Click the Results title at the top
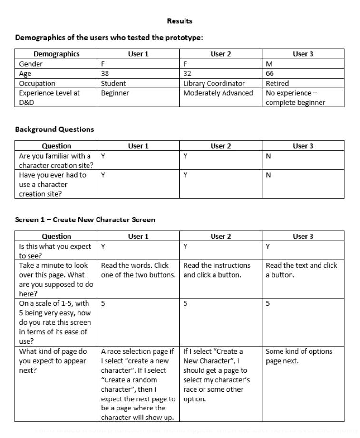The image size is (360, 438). click(x=180, y=21)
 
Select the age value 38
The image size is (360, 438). click(x=105, y=74)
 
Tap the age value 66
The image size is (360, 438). click(x=270, y=74)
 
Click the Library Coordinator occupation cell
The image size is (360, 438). click(x=214, y=83)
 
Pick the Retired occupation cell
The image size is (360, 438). click(x=277, y=83)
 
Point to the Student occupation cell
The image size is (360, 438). click(x=113, y=83)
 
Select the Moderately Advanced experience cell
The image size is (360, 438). click(x=218, y=93)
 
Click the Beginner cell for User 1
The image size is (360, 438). click(x=115, y=93)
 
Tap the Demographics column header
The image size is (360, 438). click(x=57, y=54)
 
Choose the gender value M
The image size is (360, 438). click(x=269, y=64)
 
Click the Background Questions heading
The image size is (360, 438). click(x=54, y=129)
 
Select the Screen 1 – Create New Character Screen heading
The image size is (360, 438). click(x=85, y=220)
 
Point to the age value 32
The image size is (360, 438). click(x=187, y=74)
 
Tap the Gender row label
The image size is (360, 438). click(x=31, y=64)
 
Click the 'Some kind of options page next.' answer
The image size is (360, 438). click(x=299, y=356)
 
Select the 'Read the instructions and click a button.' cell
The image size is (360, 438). click(x=216, y=270)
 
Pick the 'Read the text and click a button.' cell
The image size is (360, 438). click(x=301, y=270)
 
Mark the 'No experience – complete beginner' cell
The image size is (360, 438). click(x=295, y=98)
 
